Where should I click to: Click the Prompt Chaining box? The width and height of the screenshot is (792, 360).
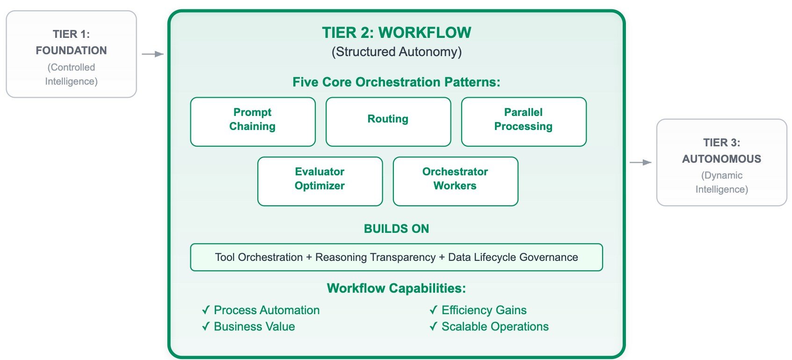pos(253,122)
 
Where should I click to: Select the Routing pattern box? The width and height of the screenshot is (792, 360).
pos(388,122)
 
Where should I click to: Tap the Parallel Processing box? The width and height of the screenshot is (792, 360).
pos(523,122)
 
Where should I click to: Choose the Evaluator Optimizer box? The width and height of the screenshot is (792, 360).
pos(320,181)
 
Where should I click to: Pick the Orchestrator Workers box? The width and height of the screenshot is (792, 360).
pos(455,181)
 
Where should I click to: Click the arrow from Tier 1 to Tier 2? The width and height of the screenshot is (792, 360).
pos(153,54)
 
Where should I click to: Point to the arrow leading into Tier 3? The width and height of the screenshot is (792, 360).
pos(641,162)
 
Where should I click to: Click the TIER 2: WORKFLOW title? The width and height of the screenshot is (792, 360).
pos(396,33)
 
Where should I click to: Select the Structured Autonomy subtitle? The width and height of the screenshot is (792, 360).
pos(396,52)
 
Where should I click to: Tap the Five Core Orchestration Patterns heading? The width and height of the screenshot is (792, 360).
pos(396,82)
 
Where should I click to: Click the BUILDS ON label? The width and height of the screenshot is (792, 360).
pos(396,229)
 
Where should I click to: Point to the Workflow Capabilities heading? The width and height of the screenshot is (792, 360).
pos(396,288)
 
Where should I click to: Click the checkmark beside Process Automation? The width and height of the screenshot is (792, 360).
pos(206,310)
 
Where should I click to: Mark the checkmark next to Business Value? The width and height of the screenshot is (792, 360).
pos(206,326)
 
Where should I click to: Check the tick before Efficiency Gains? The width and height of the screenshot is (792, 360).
pos(434,310)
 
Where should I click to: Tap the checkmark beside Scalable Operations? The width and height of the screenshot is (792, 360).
pos(434,326)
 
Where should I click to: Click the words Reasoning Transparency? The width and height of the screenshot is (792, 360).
pos(376,258)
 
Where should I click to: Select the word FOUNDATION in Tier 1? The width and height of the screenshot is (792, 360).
pos(71,50)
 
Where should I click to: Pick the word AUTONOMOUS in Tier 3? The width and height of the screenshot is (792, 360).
pos(722,159)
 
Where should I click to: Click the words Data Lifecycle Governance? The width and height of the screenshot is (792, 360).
pos(513,258)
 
